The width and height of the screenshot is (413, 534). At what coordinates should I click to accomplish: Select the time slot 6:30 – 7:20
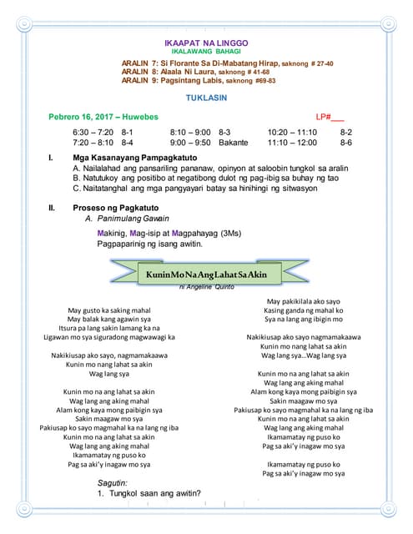click(x=93, y=133)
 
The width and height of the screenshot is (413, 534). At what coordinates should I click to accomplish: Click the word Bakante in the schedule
click(x=233, y=143)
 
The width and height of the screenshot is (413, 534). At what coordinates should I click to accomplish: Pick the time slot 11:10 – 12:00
click(x=292, y=143)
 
